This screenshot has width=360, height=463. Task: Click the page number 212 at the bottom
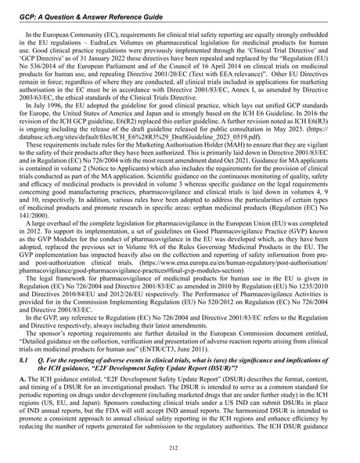click(x=180, y=447)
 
